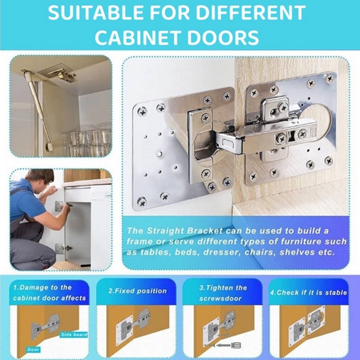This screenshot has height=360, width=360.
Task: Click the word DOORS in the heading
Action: (223, 37)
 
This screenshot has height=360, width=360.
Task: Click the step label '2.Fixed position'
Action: (138, 291)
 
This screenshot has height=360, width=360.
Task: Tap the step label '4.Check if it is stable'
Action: (309, 292)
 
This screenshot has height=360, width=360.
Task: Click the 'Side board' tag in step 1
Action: (74, 334)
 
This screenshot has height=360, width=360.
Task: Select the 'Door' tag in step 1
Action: (33, 350)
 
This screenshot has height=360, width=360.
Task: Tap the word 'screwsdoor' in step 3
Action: (220, 298)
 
